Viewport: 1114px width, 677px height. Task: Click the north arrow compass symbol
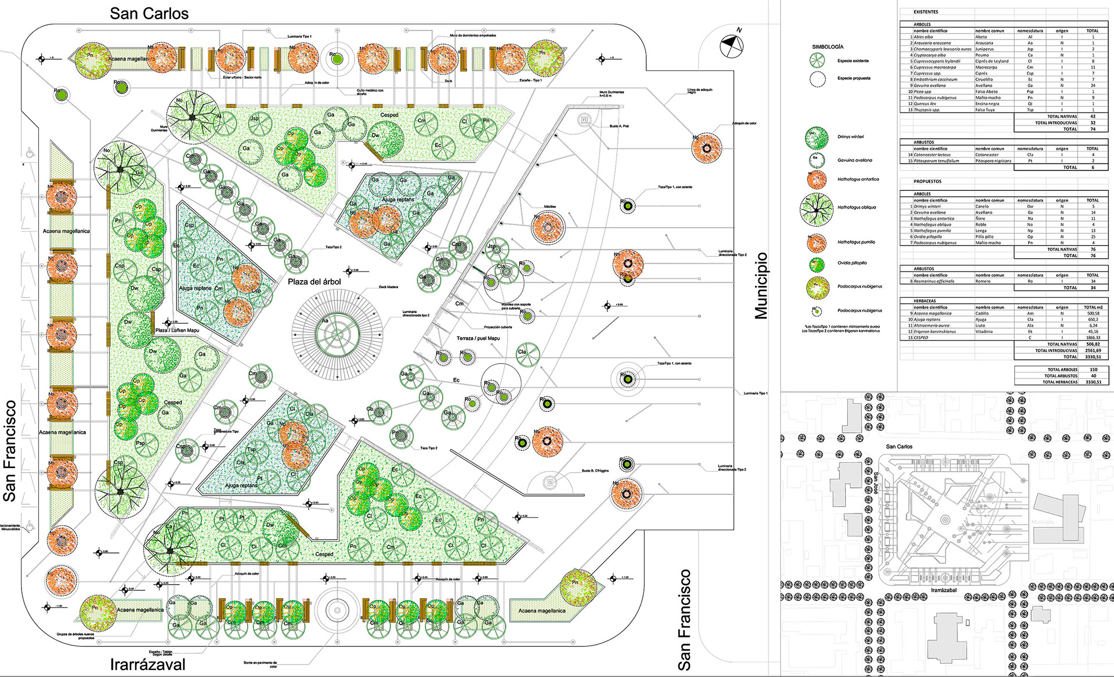pos(732,46)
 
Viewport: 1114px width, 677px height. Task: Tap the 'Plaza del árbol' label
pos(314,282)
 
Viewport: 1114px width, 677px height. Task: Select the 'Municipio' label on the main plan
pos(761,286)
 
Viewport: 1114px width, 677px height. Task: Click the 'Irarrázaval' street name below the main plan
pos(148,665)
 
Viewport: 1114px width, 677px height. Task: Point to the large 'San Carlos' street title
pos(149,14)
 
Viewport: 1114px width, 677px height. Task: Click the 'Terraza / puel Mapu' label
pos(478,338)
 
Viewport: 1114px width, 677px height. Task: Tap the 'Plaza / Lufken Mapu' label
pos(178,331)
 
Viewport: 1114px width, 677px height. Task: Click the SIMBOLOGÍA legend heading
pos(827,47)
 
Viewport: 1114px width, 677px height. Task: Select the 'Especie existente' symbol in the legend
pos(817,60)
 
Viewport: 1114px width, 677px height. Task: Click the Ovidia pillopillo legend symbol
pos(817,265)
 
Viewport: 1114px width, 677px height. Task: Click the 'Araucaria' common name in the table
pos(984,43)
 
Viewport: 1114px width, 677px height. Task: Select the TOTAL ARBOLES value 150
pos(1093,370)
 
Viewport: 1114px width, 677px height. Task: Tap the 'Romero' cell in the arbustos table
pos(983,281)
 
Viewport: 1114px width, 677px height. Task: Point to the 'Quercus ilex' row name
pos(925,104)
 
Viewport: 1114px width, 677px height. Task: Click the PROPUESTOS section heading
pos(928,182)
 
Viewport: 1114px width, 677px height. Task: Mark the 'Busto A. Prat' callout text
pos(619,126)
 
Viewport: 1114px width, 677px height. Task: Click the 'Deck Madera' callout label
pos(388,287)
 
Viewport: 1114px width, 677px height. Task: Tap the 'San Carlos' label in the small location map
pos(899,447)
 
